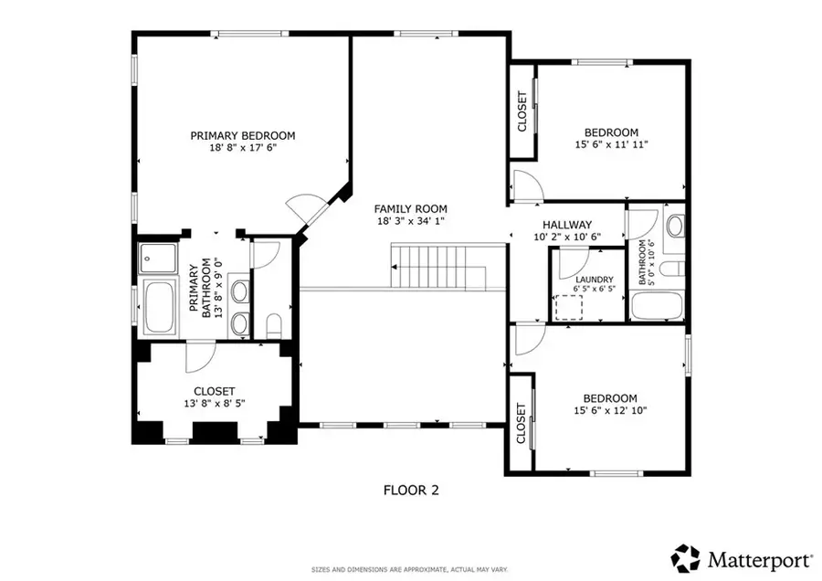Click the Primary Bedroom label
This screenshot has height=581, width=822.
(x=242, y=135)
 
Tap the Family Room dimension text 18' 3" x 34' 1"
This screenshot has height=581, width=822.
(x=412, y=222)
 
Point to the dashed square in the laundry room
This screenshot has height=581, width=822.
(x=569, y=306)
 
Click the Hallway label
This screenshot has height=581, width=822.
(x=566, y=225)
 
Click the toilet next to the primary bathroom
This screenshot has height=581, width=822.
(x=272, y=323)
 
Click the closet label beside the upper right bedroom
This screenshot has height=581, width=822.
(x=522, y=111)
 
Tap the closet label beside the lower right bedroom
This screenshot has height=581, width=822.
(x=521, y=423)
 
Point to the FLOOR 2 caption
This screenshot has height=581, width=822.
(x=411, y=490)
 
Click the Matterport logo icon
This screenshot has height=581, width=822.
(x=685, y=556)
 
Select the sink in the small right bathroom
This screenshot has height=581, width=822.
(x=676, y=226)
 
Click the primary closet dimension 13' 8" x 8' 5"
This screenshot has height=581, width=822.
(x=215, y=403)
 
